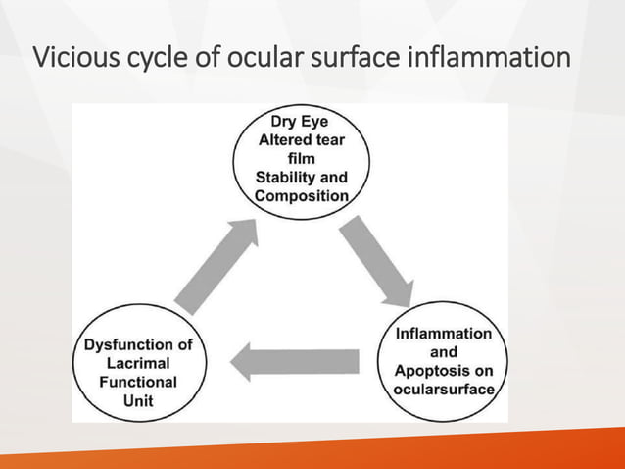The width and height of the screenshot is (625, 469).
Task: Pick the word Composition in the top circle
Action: pyautogui.click(x=301, y=196)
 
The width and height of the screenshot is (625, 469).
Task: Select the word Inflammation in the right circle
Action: pyautogui.click(x=443, y=334)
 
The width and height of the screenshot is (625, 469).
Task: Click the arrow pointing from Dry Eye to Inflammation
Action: pyautogui.click(x=376, y=261)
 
